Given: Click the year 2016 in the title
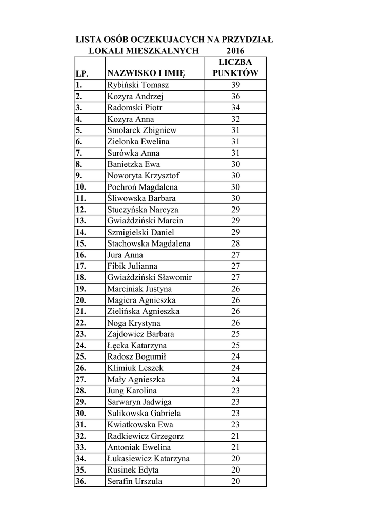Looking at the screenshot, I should tap(235, 51).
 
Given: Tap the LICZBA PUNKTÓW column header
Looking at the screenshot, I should tap(235, 67).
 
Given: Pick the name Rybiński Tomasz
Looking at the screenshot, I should tap(138, 85).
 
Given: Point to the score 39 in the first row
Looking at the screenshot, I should tap(235, 85).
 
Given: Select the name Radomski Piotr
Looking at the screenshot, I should tap(134, 108).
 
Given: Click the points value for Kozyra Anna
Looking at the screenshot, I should tap(235, 119).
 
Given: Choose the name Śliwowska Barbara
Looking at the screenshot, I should tap(141, 198).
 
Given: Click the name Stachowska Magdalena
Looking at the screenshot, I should tap(149, 243).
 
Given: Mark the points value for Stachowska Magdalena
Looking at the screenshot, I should tap(235, 243).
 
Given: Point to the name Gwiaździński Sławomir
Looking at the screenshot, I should tap(149, 277).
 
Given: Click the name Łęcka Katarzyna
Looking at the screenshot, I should tap(136, 346).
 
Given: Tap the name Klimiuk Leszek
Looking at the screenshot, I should tap(135, 368).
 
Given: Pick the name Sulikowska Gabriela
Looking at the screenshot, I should tap(145, 414).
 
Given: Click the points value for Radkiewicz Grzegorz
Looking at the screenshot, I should tap(235, 436).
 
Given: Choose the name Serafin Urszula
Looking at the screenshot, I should tap(134, 482).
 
